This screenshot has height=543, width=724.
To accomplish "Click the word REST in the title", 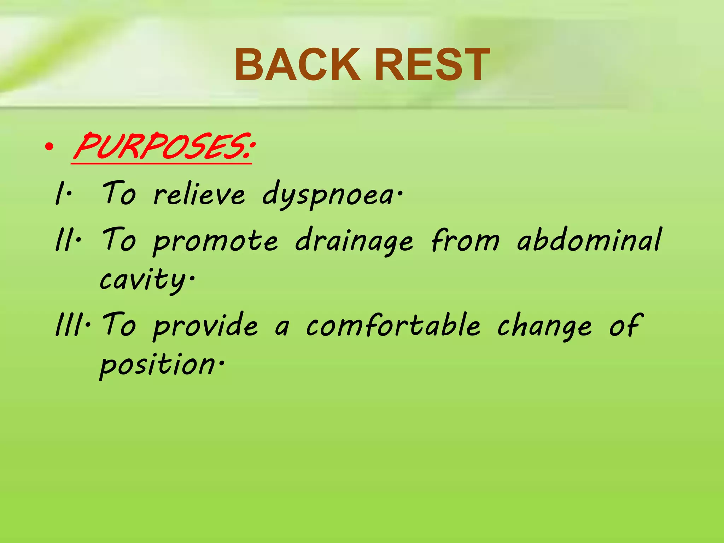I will [x=432, y=65].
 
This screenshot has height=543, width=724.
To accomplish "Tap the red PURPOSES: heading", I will [x=163, y=147].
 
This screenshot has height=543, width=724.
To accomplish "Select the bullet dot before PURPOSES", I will [x=49, y=147].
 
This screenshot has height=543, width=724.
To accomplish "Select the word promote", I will [x=216, y=241].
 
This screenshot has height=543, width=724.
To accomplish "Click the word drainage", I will [x=354, y=241].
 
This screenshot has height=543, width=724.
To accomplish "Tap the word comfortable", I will [x=392, y=325].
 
